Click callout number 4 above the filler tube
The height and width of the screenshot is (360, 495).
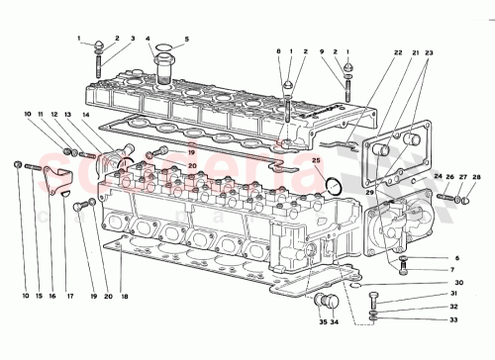coord(148,41)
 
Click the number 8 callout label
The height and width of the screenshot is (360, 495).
coord(279,50)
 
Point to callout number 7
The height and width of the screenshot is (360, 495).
coord(428,269)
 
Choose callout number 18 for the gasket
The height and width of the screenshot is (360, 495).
coord(126,296)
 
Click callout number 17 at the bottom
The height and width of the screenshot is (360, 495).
coord(69,296)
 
